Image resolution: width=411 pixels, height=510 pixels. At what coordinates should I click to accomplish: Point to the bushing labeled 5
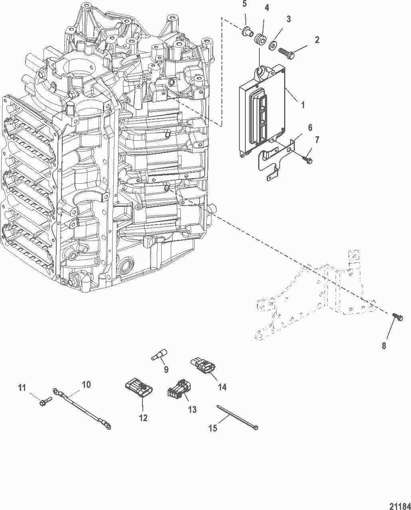point(248,32)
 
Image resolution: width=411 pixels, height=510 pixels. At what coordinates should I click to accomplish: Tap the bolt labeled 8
point(397,317)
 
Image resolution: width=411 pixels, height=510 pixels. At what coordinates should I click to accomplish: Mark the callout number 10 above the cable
point(86,384)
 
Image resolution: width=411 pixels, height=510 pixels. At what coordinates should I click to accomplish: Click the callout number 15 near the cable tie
point(213,428)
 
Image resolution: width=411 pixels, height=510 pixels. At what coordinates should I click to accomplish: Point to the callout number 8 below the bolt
point(384,346)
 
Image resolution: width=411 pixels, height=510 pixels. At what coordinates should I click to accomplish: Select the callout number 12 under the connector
point(143,418)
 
